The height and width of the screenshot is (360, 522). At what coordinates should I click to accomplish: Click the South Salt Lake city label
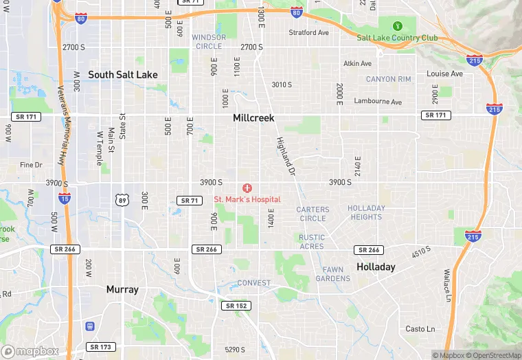point(123,74)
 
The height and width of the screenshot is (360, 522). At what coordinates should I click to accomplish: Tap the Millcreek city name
point(253,117)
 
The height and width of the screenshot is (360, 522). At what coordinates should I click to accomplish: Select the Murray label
point(122,289)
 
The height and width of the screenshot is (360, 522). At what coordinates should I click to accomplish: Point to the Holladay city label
point(376,267)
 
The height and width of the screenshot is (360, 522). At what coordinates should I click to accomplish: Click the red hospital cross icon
point(247,188)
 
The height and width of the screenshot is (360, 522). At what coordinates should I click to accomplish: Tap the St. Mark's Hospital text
point(247,199)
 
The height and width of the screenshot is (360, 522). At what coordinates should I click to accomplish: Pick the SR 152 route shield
point(238,306)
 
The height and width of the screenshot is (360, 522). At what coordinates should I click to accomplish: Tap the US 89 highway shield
point(121,199)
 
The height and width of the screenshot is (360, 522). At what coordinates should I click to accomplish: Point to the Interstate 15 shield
point(65,199)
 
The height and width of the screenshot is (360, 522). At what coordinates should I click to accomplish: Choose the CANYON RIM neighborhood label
point(389,79)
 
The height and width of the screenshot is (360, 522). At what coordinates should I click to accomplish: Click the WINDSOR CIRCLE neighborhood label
point(209,41)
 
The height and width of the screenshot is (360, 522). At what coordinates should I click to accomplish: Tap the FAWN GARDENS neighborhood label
point(333,274)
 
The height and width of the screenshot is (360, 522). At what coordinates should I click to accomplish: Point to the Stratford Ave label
point(308,32)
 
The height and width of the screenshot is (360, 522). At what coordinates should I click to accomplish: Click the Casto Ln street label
point(420,329)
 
